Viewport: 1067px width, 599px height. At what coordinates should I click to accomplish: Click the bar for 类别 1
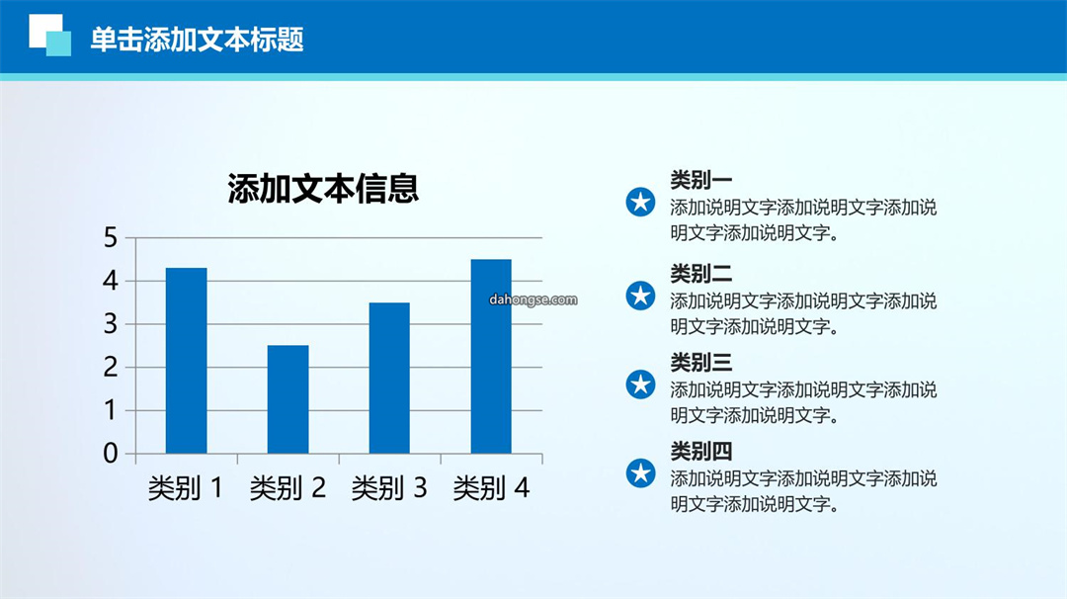point(187,361)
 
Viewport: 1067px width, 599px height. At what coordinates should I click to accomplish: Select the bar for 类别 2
point(287,399)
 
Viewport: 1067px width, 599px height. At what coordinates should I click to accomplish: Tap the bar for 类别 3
point(389,379)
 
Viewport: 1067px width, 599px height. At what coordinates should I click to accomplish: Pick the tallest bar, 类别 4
point(491,357)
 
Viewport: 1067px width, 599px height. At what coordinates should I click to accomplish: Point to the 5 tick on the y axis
point(111,238)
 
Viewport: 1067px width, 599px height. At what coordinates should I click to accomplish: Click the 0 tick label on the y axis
point(111,454)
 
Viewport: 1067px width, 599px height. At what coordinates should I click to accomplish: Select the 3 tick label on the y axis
point(111,324)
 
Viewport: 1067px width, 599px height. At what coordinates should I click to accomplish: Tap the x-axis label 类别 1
point(186,488)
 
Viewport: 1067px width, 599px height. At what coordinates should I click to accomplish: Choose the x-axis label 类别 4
point(491,488)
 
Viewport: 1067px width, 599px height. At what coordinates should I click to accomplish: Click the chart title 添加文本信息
point(323,189)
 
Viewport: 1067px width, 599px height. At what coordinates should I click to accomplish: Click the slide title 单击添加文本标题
point(198,40)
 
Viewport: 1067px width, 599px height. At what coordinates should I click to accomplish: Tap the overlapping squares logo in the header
point(49,35)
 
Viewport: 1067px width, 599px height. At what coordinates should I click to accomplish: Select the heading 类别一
point(700,180)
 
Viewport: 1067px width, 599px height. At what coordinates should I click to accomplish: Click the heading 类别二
point(700,274)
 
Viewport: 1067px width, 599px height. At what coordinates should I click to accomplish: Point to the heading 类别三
point(700,363)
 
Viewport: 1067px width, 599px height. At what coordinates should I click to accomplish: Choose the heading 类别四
point(700,452)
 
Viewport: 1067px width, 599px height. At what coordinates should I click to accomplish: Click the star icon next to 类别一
point(640,203)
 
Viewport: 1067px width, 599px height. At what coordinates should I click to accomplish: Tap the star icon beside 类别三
point(640,385)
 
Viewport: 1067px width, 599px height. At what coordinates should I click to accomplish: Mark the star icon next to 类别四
point(640,473)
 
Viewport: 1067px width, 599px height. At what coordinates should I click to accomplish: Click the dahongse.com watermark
point(533,299)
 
